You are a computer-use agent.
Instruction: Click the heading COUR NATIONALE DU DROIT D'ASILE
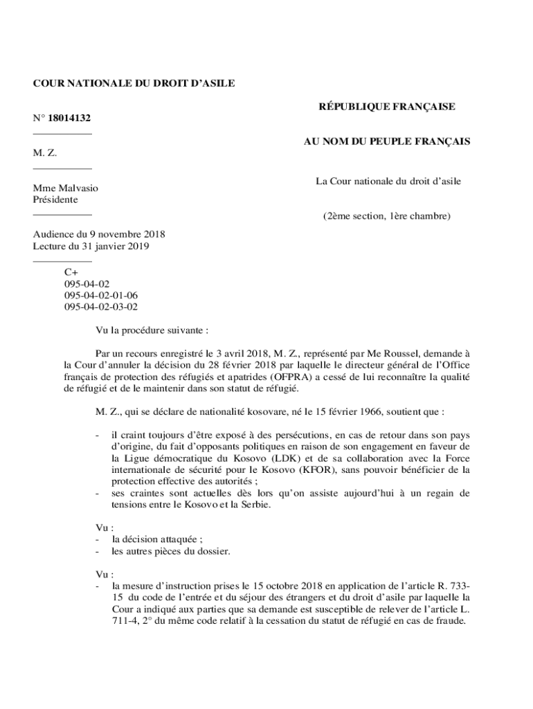coord(134,83)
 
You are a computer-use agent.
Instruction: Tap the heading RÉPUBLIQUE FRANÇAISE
coord(386,107)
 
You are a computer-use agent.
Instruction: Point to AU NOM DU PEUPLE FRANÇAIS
coord(387,141)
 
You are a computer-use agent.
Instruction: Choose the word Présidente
coord(55,199)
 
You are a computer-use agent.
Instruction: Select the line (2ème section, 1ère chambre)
coord(386,216)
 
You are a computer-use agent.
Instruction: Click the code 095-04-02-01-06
coord(101,295)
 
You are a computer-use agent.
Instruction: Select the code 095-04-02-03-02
coord(101,306)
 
